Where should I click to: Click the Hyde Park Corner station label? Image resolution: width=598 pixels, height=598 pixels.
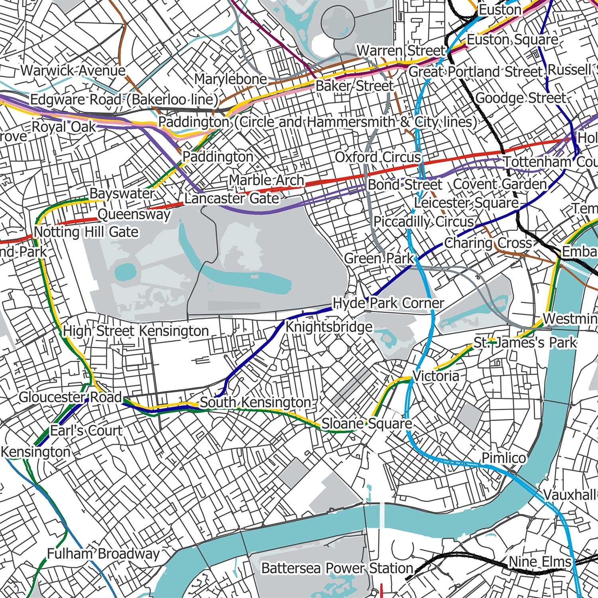(x=388, y=303)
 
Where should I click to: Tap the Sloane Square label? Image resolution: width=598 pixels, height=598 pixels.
(x=366, y=424)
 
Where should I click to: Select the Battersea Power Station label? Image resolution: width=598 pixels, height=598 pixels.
(x=337, y=568)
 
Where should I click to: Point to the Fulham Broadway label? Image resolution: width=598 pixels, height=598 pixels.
(x=103, y=554)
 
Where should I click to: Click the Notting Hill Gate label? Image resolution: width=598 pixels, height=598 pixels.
(x=86, y=232)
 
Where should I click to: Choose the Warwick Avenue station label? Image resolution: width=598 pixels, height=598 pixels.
(x=73, y=71)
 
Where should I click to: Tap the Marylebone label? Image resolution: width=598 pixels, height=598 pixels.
(x=230, y=79)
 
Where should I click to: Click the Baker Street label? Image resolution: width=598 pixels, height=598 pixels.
(x=354, y=86)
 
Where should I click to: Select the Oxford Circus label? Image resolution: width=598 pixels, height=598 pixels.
(x=378, y=157)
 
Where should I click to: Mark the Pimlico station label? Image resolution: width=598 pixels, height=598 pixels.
(x=504, y=458)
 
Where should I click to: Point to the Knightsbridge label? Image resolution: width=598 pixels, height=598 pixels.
(x=329, y=327)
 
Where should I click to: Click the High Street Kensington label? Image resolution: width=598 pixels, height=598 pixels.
(x=136, y=331)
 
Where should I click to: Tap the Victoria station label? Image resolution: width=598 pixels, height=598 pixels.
(x=436, y=376)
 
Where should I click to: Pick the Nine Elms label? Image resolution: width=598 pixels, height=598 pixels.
(x=540, y=562)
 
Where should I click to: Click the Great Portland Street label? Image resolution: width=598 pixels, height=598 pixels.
(x=476, y=72)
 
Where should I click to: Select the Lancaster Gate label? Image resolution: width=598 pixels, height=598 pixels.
(x=232, y=198)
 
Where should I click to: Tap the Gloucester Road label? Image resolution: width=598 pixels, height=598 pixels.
(x=70, y=397)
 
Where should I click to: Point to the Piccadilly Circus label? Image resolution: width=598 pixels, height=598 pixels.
(x=424, y=222)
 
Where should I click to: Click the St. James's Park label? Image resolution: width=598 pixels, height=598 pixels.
(x=525, y=342)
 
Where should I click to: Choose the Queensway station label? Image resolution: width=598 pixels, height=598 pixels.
(x=134, y=215)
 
